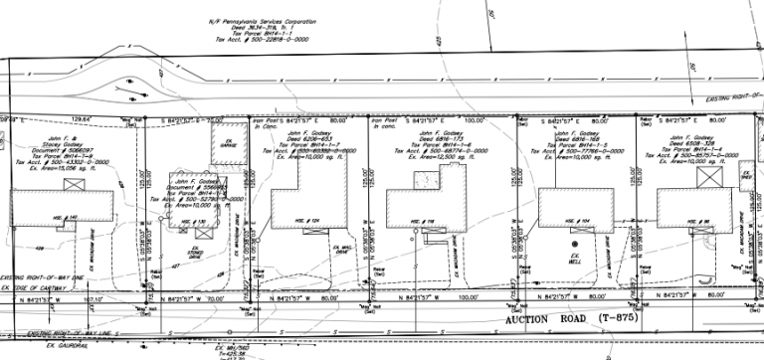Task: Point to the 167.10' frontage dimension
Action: click(95, 296)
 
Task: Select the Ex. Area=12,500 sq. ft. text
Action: click(439, 158)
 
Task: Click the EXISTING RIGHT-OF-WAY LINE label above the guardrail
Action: click(48, 335)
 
